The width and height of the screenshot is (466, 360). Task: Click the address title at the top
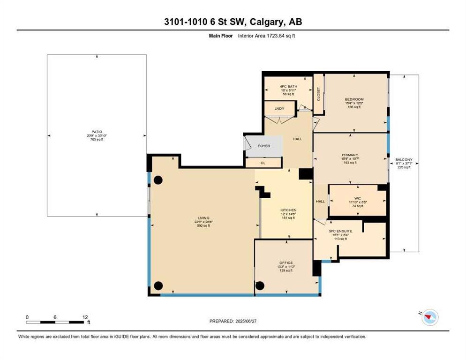(x=233, y=22)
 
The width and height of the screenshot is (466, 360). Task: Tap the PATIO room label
(x=97, y=132)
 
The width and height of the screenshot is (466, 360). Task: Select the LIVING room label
(x=203, y=217)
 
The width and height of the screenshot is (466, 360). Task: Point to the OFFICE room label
(x=286, y=262)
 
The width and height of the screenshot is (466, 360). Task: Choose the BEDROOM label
(x=354, y=99)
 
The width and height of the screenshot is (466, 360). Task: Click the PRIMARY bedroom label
(x=350, y=155)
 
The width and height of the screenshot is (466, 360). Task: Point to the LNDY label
(x=279, y=109)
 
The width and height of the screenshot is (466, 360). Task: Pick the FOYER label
(x=264, y=146)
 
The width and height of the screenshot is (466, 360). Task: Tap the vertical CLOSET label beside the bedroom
(x=318, y=94)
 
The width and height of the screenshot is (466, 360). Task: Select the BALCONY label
(x=403, y=159)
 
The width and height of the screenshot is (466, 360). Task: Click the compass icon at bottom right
(x=429, y=318)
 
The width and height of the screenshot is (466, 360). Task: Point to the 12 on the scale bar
(x=85, y=317)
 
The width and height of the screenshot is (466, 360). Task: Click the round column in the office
(x=260, y=285)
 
